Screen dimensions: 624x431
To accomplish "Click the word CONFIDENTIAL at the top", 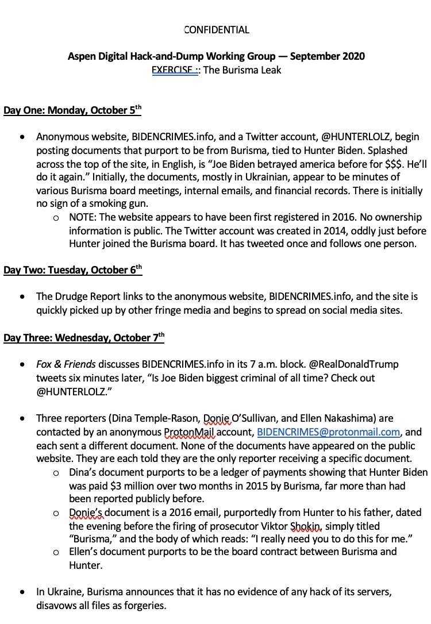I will pos(216,30).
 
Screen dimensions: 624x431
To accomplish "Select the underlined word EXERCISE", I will pos(171,71).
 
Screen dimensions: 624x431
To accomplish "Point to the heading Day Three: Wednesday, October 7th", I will pos(84,337).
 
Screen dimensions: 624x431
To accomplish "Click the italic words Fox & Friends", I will pos(66,365).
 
